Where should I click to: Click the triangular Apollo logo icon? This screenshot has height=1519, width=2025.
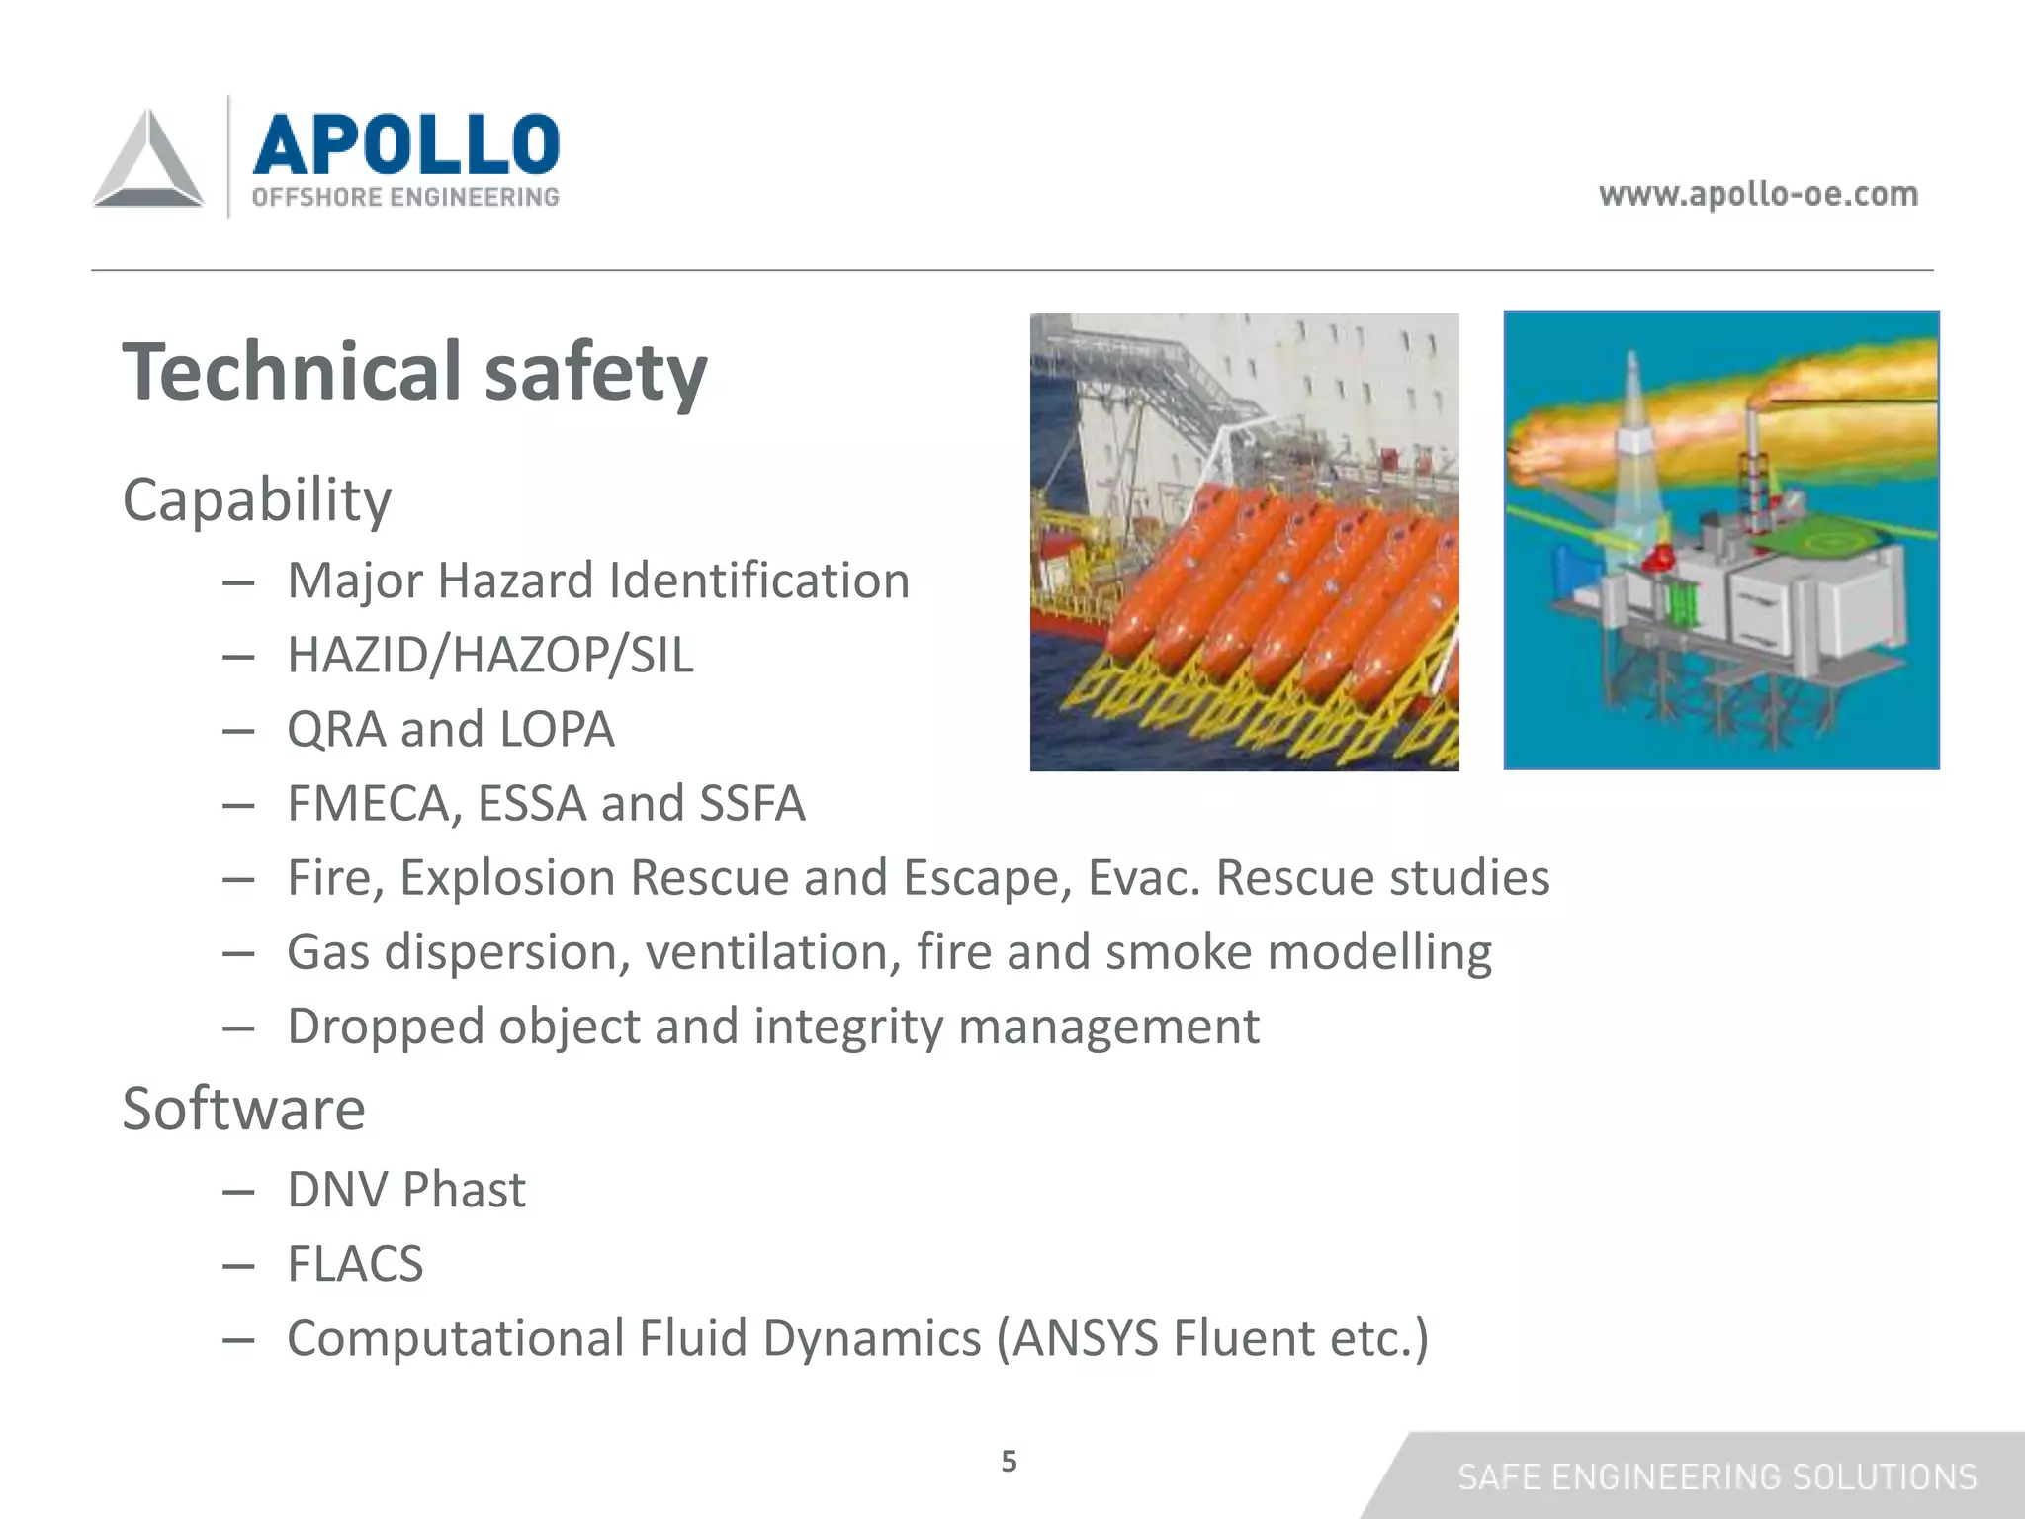[x=148, y=160]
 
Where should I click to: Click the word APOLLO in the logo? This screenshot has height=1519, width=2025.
[x=405, y=144]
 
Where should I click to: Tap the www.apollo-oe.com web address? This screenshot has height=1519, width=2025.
[x=1758, y=194]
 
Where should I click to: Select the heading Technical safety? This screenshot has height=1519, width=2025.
[x=414, y=372]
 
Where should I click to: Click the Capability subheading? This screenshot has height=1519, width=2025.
[x=257, y=499]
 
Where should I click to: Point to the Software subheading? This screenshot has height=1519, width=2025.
[x=243, y=1109]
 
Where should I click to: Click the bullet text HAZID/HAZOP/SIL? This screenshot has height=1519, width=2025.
[x=490, y=655]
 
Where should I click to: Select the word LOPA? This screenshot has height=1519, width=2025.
[x=557, y=729]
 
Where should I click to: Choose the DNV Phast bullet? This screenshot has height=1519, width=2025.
[x=405, y=1190]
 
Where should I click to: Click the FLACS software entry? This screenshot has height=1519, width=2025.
[x=355, y=1264]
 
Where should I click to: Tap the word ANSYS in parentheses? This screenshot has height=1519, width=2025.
[x=1084, y=1338]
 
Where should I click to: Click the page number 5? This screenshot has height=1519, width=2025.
[x=1009, y=1461]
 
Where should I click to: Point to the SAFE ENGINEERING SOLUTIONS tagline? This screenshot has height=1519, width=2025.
[x=1717, y=1476]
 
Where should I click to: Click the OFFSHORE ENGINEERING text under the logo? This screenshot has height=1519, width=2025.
[x=405, y=197]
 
